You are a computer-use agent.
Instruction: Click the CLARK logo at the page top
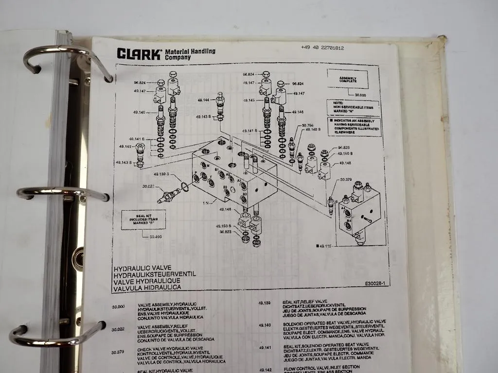138,53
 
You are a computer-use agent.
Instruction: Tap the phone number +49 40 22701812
322,48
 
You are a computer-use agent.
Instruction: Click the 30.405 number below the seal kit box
156,237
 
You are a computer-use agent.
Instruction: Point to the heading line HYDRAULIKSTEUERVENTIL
154,274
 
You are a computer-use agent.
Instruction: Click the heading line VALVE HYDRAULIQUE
146,281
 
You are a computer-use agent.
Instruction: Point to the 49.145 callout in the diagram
248,100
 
